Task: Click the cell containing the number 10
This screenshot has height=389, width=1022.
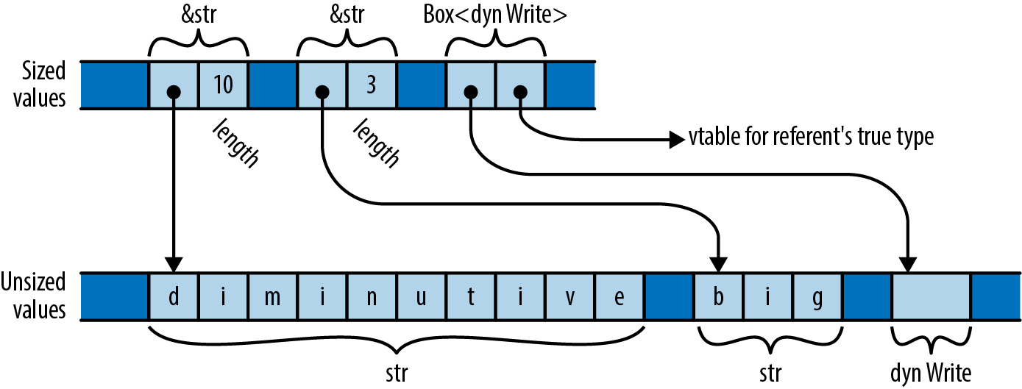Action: pos(223,85)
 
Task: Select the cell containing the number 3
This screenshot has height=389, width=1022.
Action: pos(371,85)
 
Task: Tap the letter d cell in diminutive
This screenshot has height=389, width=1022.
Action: pos(174,296)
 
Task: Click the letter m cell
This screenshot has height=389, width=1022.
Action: pos(272,296)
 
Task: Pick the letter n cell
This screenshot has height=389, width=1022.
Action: pos(372,296)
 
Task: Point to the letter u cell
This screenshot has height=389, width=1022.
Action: pos(421,296)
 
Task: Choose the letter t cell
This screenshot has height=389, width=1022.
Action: pos(470,296)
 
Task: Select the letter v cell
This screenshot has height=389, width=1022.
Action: pos(569,296)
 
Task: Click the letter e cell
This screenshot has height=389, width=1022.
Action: pos(619,296)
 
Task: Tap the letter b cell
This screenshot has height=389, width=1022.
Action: pos(718,296)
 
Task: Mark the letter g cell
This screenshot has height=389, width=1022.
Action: pos(817,296)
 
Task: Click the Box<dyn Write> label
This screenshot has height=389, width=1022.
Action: pos(495,16)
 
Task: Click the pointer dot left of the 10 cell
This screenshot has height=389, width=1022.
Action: pos(174,92)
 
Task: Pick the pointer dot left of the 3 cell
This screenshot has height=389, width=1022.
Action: pos(322,92)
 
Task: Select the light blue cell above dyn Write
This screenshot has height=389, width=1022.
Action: pos(930,296)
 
